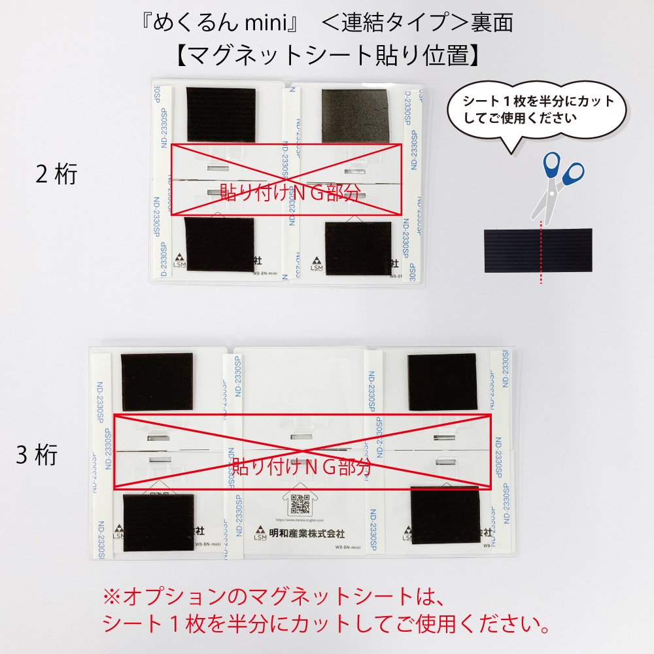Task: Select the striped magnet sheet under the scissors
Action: [538, 249]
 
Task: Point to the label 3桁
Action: [37, 455]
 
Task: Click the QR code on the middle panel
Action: [300, 504]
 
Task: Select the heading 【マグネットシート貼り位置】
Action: [327, 56]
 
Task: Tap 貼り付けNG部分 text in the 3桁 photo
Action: [302, 466]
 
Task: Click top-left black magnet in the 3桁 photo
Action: [157, 382]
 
